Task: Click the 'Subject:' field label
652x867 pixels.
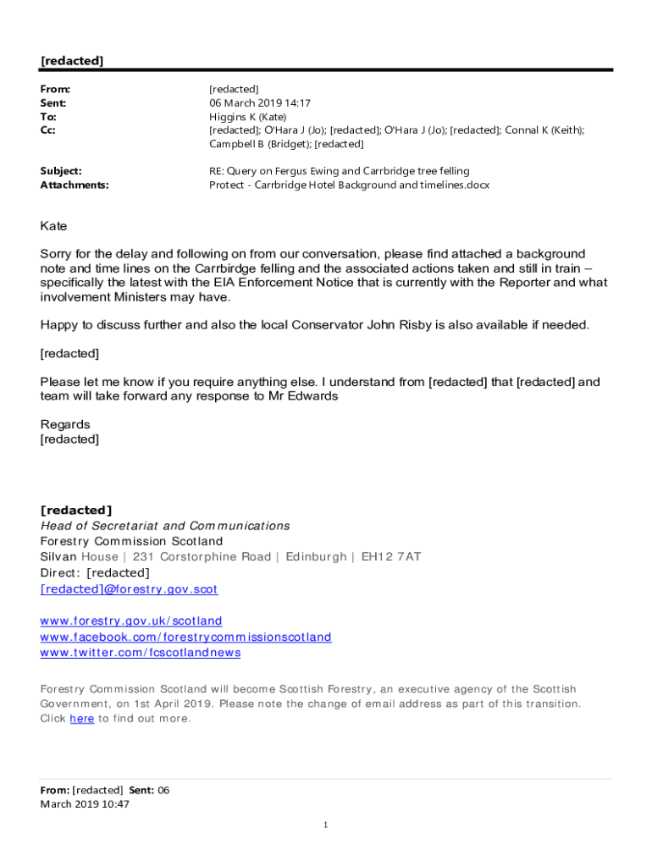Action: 61,171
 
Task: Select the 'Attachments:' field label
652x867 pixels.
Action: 75,185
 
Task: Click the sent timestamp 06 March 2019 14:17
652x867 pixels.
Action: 260,103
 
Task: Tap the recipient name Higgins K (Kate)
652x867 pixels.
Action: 248,117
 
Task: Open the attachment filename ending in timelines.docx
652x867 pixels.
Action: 349,185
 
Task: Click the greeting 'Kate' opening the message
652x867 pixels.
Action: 53,226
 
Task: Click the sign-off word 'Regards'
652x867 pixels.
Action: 65,424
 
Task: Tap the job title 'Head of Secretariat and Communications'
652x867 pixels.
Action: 165,526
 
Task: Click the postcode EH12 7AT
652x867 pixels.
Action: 391,557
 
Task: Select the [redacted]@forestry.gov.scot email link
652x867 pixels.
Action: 129,588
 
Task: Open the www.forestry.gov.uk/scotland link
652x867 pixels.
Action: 131,621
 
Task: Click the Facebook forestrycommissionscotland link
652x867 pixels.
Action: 185,637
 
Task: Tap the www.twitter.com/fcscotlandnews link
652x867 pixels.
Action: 141,652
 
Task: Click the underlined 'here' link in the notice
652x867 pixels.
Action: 81,719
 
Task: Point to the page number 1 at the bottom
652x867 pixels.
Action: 325,825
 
